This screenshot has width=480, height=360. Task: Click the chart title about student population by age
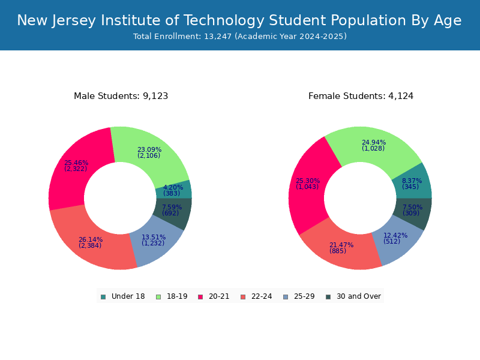pyautogui.click(x=239, y=21)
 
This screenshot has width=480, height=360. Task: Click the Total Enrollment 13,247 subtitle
pyautogui.click(x=239, y=37)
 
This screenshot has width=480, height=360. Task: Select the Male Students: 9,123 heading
pyautogui.click(x=121, y=96)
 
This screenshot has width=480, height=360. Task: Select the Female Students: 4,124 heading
pyautogui.click(x=361, y=96)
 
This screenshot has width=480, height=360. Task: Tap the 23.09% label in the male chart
pyautogui.click(x=149, y=150)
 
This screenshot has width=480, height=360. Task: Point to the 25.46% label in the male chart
pyautogui.click(x=76, y=163)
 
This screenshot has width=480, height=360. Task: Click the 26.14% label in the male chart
pyautogui.click(x=90, y=240)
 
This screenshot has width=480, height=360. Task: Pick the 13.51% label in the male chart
pyautogui.click(x=153, y=238)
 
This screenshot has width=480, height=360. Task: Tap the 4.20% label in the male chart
pyautogui.click(x=172, y=187)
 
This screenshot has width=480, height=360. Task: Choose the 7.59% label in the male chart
pyautogui.click(x=171, y=208)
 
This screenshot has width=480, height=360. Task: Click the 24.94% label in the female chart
pyautogui.click(x=373, y=143)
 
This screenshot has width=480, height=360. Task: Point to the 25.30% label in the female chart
pyautogui.click(x=307, y=181)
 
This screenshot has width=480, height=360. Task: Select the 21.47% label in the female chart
pyautogui.click(x=341, y=245)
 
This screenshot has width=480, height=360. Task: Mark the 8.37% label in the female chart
pyautogui.click(x=412, y=181)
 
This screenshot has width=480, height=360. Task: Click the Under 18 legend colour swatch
pyautogui.click(x=103, y=296)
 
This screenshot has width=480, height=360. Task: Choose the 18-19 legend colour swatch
pyautogui.click(x=158, y=296)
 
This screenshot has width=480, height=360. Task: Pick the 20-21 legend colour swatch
pyautogui.click(x=200, y=296)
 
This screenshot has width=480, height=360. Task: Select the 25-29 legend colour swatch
pyautogui.click(x=285, y=296)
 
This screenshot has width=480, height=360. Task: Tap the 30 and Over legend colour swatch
pyautogui.click(x=328, y=296)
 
